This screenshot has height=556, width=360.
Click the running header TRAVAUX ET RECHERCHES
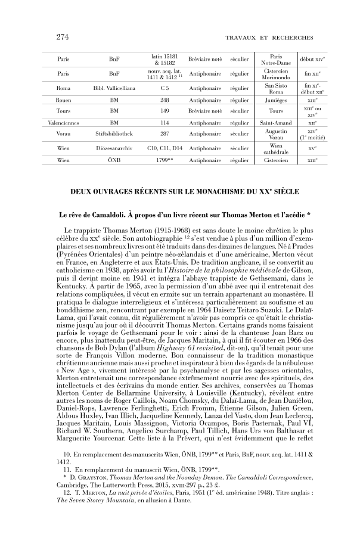click(269, 38)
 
